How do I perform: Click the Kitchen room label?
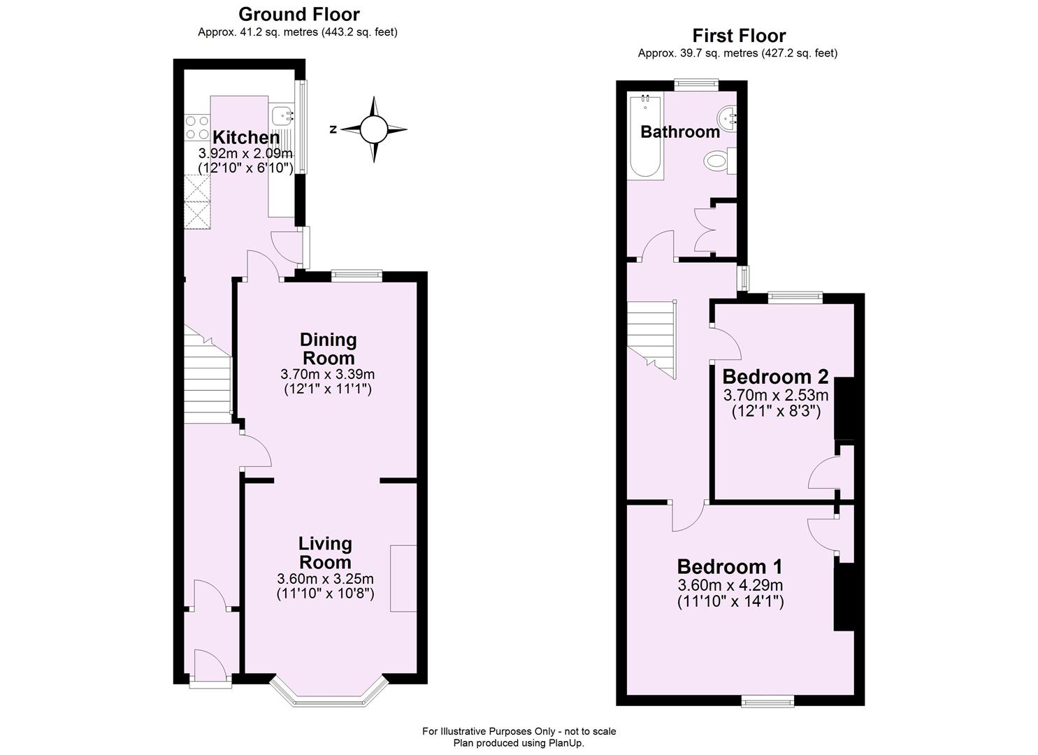click(x=245, y=137)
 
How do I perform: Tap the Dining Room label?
click(x=328, y=348)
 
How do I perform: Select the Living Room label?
click(x=325, y=552)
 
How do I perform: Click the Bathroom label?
click(x=679, y=131)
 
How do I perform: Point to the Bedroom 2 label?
click(x=775, y=377)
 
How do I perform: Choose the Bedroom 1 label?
click(x=730, y=566)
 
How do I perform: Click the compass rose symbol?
click(x=373, y=129)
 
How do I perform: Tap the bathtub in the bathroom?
click(x=644, y=137)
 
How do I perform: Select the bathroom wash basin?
click(x=727, y=117)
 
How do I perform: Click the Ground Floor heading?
click(x=298, y=14)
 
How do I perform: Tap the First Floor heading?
click(x=738, y=35)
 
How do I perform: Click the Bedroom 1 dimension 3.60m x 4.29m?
click(x=730, y=585)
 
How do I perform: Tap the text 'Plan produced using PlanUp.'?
click(x=519, y=743)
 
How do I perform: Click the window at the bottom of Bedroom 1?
click(x=767, y=700)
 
